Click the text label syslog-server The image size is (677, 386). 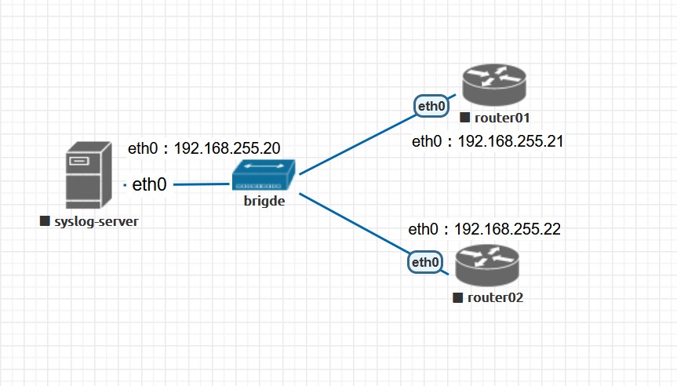pos(95,222)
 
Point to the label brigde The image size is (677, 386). pos(264,202)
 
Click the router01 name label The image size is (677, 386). pos(503,118)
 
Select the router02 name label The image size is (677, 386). pos(495,298)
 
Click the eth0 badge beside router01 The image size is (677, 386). pos(431,106)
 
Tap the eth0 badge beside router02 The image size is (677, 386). pos(424,262)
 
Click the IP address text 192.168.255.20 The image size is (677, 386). pos(227,148)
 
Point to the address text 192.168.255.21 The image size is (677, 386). pos(511,141)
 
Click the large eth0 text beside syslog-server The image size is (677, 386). pos(149,185)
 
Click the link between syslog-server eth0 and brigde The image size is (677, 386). pos(202,185)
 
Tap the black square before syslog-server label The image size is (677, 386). pos(45,222)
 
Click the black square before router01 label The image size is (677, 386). pos(464,118)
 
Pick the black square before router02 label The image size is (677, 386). pos(457,298)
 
